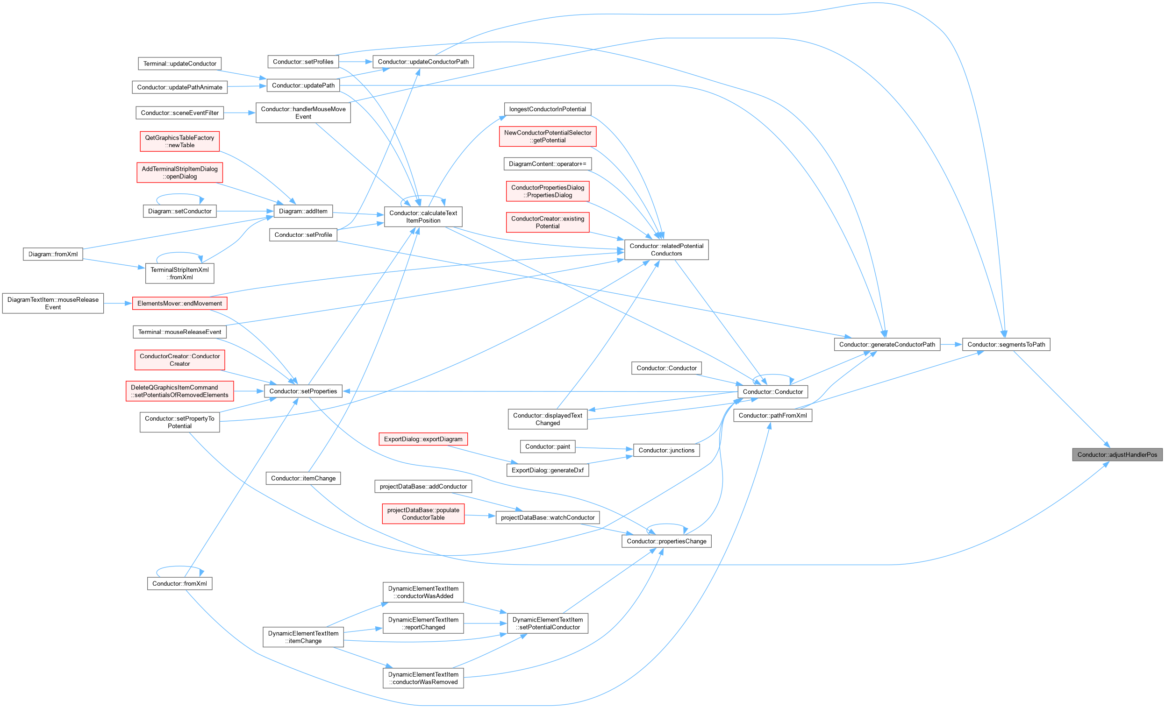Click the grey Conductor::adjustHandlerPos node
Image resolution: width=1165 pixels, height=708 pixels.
[x=1117, y=455]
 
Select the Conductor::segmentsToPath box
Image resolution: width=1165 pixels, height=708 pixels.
[x=1006, y=344]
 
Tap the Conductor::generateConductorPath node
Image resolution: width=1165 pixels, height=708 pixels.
[x=887, y=344]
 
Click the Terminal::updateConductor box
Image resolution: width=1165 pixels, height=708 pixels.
[x=179, y=64]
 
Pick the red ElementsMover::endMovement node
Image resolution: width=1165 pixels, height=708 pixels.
[x=179, y=304]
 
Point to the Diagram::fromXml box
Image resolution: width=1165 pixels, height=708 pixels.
[x=53, y=254]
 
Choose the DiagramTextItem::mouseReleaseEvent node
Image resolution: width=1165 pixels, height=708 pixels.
[x=53, y=304]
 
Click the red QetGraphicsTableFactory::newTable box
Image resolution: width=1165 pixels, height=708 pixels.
[x=179, y=142]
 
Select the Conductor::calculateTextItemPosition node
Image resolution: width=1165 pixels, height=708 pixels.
[x=423, y=217]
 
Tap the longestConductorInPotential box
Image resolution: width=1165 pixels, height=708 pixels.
[x=548, y=109]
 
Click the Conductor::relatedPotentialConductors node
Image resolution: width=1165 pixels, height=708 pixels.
[x=666, y=249]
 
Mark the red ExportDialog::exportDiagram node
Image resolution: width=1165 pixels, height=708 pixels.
[x=423, y=439]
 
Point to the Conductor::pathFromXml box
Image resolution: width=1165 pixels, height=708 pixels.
[x=772, y=416]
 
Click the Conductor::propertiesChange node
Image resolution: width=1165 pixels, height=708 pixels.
[x=666, y=541]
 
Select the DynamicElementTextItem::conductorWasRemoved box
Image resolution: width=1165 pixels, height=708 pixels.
[x=423, y=678]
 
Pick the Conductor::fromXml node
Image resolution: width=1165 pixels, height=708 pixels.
[x=179, y=583]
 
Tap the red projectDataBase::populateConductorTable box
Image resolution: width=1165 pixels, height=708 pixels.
[x=423, y=514]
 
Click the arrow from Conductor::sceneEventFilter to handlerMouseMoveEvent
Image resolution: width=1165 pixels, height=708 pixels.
[x=240, y=113]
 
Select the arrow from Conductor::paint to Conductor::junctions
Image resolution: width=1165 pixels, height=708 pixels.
[x=604, y=448]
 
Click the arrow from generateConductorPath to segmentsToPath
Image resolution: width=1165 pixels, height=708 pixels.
[x=951, y=345]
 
